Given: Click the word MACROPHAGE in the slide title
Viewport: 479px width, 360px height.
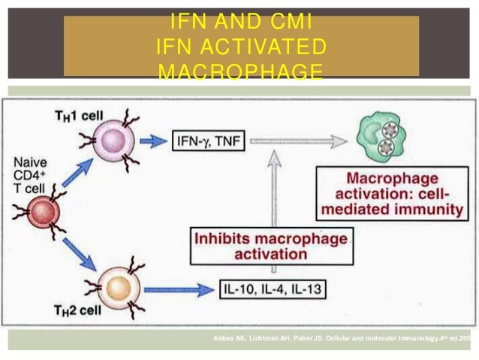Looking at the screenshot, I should point(241,72).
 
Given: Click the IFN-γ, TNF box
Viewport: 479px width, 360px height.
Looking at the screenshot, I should point(209,141).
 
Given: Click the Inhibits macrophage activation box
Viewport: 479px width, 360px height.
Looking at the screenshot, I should point(272,246).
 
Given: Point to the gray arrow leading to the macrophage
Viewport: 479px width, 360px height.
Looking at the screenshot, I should point(300,141).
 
